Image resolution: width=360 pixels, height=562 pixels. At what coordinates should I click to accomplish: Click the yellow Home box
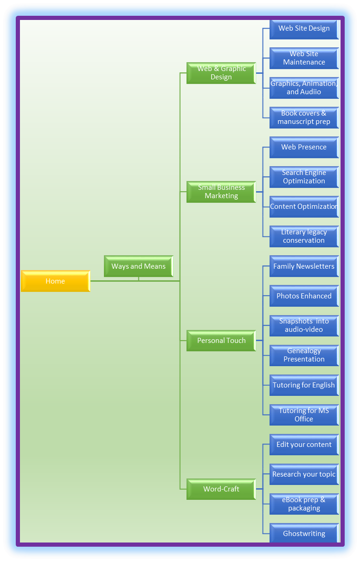(x=56, y=281)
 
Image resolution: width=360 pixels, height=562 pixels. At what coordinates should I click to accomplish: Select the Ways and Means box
(x=139, y=266)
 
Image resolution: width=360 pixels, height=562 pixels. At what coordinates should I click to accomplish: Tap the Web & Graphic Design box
(x=221, y=73)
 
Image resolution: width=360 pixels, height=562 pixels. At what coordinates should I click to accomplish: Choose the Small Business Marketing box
(x=221, y=192)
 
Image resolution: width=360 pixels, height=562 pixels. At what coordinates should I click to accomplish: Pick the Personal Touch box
(x=221, y=341)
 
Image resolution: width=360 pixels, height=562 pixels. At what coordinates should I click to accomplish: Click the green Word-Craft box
(x=221, y=489)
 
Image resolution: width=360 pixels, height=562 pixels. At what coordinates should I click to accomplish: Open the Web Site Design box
(x=304, y=29)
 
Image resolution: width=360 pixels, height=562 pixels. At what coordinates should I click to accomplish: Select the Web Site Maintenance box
(x=304, y=58)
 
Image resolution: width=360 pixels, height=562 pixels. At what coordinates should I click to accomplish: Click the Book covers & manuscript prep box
(x=304, y=118)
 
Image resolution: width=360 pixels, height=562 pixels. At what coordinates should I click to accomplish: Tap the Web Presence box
(x=304, y=147)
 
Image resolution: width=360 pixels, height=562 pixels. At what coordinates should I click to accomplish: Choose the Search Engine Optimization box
(x=304, y=177)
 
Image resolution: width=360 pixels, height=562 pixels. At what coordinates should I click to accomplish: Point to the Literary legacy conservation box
(x=304, y=236)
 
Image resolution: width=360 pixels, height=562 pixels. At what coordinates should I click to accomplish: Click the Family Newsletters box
(x=304, y=266)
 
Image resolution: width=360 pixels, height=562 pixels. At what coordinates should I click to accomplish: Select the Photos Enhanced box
(x=304, y=296)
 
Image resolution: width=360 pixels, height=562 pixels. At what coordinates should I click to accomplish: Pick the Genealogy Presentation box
(x=304, y=355)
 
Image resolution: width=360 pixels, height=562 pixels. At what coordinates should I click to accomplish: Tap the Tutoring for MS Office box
(x=304, y=415)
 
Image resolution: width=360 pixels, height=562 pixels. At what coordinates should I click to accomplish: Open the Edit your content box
(x=304, y=445)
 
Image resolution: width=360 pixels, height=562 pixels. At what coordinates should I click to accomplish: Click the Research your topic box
(x=304, y=474)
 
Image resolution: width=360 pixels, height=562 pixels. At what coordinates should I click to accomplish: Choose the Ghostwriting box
(x=304, y=533)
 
